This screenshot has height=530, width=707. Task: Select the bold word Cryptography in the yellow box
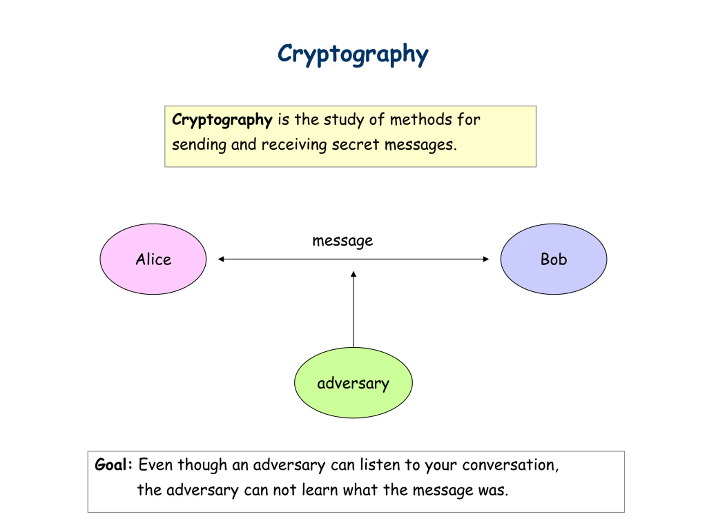pyautogui.click(x=222, y=120)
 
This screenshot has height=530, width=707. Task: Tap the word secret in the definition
pyautogui.click(x=355, y=145)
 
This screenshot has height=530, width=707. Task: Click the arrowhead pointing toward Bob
pyautogui.click(x=486, y=259)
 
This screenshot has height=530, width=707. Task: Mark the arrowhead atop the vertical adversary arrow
pyautogui.click(x=353, y=274)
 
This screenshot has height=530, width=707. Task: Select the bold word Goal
pyautogui.click(x=110, y=465)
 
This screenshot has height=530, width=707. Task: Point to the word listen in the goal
pyautogui.click(x=380, y=465)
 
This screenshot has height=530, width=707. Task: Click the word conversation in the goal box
pyautogui.click(x=510, y=465)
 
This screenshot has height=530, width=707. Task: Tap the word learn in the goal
pyautogui.click(x=320, y=490)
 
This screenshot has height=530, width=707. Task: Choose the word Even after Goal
pyautogui.click(x=155, y=465)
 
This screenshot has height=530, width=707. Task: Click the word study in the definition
pyautogui.click(x=344, y=120)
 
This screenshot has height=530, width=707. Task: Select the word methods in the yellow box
pyautogui.click(x=420, y=120)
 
